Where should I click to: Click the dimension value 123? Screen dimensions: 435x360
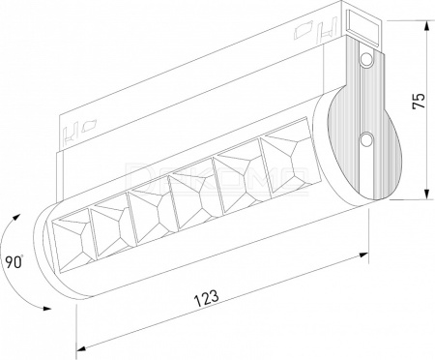(x=206, y=298)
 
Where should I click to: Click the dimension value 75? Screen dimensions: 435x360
(x=419, y=101)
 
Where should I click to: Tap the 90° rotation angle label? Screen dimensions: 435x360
(x=14, y=261)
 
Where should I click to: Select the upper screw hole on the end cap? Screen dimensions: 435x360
(x=365, y=60)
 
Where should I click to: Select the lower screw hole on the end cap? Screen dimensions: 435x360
(x=366, y=139)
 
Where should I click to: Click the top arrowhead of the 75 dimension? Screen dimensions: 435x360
(x=427, y=26)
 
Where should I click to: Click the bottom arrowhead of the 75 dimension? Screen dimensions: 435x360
(x=427, y=194)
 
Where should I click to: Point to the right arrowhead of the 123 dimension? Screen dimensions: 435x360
(x=363, y=255)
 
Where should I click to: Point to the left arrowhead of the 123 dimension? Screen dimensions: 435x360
(x=82, y=347)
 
